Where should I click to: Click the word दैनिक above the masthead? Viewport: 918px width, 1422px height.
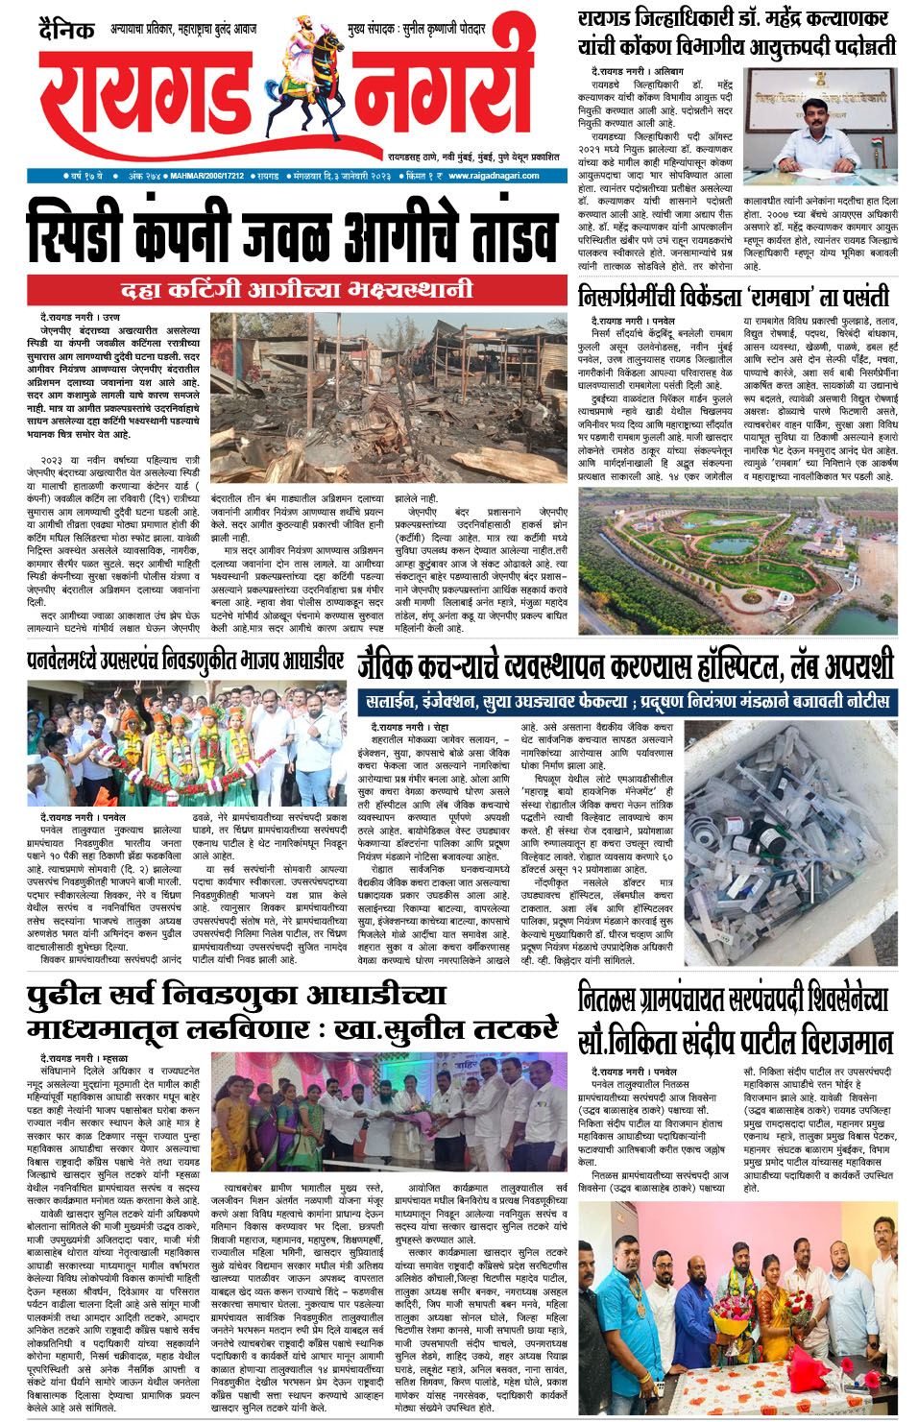[x=66, y=30]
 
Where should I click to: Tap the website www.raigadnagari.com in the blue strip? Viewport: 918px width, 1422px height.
[x=494, y=176]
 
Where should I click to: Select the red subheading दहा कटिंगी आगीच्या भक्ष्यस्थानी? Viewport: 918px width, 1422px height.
[x=297, y=290]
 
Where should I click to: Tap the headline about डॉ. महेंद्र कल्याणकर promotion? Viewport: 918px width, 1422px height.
[x=737, y=32]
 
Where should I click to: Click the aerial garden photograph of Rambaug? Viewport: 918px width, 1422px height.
[x=737, y=561]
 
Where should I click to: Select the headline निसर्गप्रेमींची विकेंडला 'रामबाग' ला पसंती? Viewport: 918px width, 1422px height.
[x=734, y=297]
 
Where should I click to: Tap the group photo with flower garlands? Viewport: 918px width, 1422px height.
[x=187, y=743]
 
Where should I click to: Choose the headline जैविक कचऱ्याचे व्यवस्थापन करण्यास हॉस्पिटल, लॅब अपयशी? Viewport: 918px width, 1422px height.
[x=625, y=665]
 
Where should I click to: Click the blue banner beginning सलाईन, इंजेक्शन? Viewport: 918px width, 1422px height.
[x=625, y=702]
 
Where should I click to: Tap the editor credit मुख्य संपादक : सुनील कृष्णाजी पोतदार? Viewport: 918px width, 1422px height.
[x=417, y=30]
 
